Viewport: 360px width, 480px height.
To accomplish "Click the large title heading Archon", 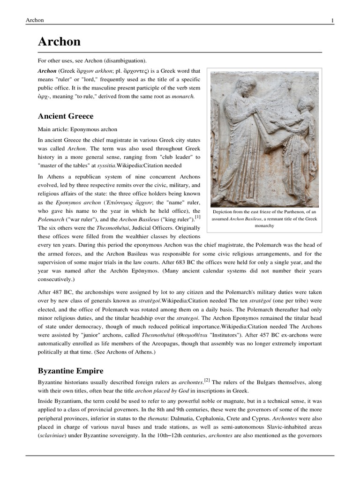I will pyautogui.click(x=59, y=42).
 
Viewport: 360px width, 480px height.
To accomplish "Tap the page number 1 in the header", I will pyautogui.click(x=332, y=20).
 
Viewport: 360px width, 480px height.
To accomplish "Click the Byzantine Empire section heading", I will pyautogui.click(x=70, y=371).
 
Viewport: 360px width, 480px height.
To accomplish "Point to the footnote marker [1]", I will pyautogui.click(x=198, y=217).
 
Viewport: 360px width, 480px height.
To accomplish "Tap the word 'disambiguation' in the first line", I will pyautogui.click(x=127, y=61).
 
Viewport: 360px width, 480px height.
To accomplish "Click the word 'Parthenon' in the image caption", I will pyautogui.click(x=290, y=211).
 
